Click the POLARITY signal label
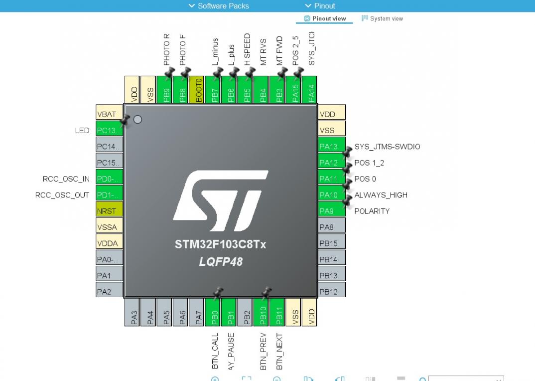click(372, 211)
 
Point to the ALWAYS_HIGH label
click(381, 195)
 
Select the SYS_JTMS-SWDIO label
click(387, 147)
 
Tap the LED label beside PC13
click(82, 131)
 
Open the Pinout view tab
click(325, 18)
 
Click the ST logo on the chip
click(221, 195)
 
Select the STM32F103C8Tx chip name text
click(221, 244)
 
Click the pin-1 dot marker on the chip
click(138, 120)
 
